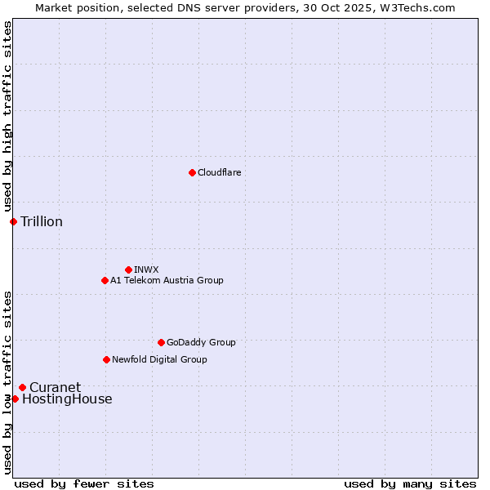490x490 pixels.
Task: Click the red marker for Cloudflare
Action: tap(192, 172)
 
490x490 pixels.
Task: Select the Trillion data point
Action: tap(13, 221)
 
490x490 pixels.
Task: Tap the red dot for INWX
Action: tap(128, 269)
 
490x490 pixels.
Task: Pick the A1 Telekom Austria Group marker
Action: tap(105, 280)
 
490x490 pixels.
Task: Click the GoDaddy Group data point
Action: tap(161, 342)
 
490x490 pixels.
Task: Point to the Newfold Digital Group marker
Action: tap(106, 359)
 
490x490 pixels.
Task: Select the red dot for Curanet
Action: tap(22, 387)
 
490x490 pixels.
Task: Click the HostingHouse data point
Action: tap(15, 399)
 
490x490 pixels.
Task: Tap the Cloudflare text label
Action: tap(219, 172)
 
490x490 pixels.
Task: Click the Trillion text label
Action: tap(42, 221)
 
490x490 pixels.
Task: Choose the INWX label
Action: tap(146, 269)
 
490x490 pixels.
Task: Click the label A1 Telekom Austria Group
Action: tap(167, 280)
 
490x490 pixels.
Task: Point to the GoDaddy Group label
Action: tap(201, 342)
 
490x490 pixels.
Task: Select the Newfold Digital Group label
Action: tap(159, 359)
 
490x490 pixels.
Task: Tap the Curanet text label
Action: tap(55, 387)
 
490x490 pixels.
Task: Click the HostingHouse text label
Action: tap(67, 399)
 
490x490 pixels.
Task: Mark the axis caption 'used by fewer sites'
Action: tap(84, 483)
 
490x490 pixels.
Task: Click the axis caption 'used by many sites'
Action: tap(410, 483)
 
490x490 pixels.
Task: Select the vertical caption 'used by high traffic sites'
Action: tap(7, 117)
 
